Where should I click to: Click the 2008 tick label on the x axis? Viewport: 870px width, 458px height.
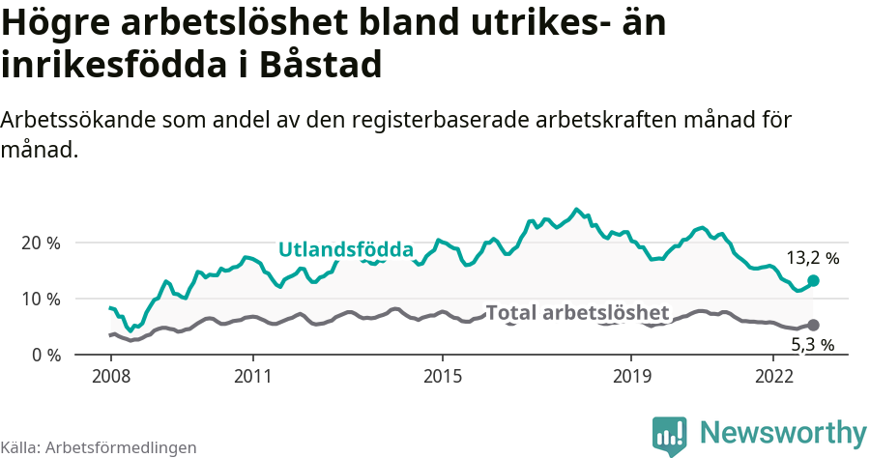111,375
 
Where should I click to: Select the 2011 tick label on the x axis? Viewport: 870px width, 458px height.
252,375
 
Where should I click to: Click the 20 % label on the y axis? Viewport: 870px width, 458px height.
42,243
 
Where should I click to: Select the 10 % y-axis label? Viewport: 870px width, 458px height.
42,299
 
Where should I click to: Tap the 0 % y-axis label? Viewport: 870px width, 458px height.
46,355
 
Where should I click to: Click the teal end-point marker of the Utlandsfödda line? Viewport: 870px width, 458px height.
813,280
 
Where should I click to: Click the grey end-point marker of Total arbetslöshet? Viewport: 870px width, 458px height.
813,326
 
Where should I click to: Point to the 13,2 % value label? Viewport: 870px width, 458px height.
812,258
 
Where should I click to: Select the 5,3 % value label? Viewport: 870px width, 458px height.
812,344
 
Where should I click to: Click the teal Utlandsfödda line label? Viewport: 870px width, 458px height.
345,250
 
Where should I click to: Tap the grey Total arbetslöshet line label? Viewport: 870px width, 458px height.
577,312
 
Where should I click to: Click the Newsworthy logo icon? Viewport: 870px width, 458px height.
669,435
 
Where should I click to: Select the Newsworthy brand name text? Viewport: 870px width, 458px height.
783,433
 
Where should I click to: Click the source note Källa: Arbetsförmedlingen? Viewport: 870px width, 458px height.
99,447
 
